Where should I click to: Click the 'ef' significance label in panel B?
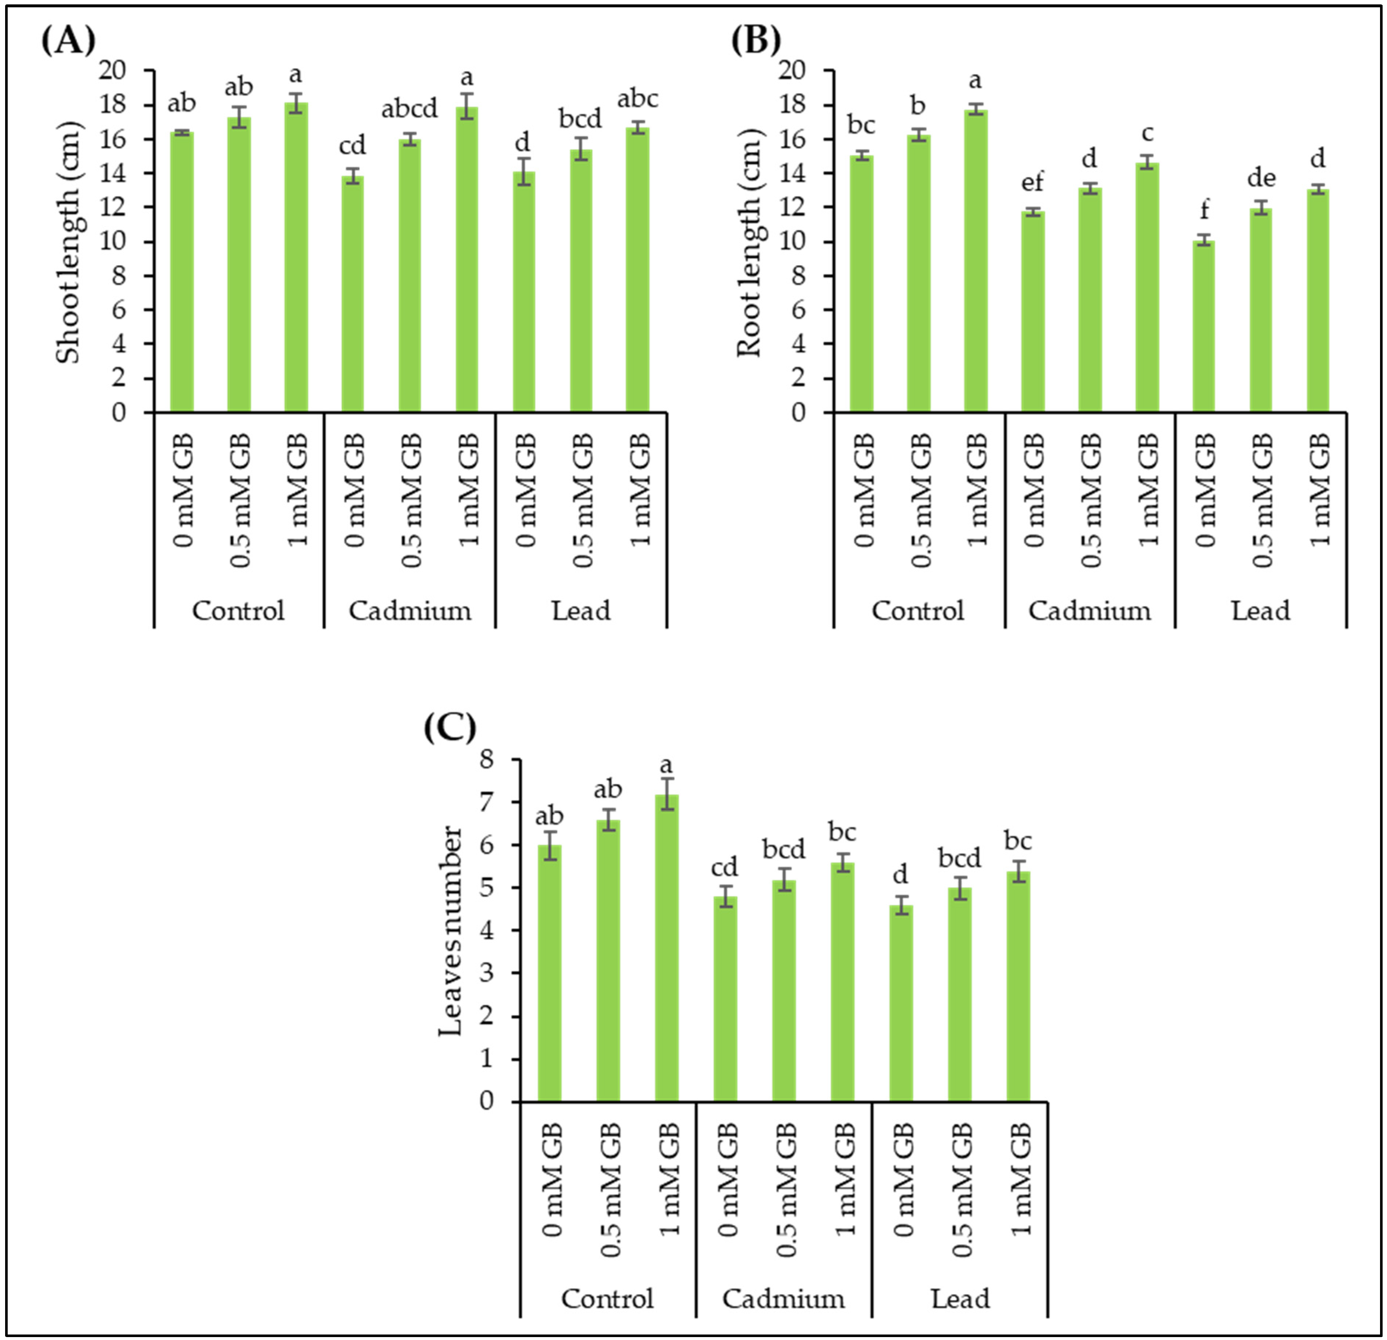1033,183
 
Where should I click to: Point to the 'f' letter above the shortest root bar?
1204,210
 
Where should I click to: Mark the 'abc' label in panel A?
637,99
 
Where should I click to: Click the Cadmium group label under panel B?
1089,610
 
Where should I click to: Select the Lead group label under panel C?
960,1298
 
